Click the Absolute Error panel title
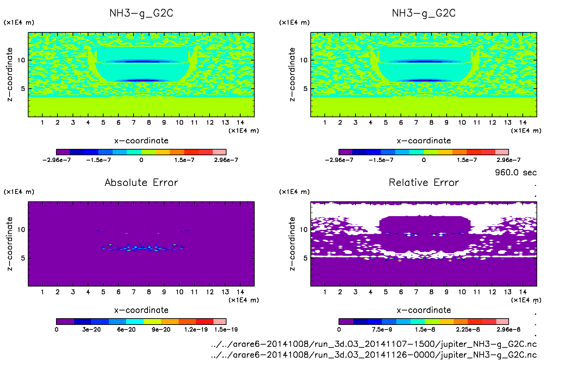point(141,182)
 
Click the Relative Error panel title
point(424,182)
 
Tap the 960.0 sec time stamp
point(516,172)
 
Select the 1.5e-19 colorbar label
point(226,329)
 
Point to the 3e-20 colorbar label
point(91,329)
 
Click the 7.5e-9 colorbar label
point(381,329)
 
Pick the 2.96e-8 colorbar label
point(508,329)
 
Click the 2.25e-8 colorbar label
point(467,329)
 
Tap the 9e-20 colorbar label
point(161,329)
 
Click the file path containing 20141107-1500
point(374,344)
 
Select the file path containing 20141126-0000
point(374,354)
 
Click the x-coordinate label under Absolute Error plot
point(141,310)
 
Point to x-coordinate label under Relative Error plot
point(424,310)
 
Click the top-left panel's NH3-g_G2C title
point(141,13)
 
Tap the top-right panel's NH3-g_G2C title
point(424,13)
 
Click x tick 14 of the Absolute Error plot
point(240,292)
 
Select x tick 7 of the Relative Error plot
point(416,292)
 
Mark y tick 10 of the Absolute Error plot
point(21,229)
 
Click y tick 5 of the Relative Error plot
point(305,258)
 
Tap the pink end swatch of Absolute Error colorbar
point(220,321)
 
